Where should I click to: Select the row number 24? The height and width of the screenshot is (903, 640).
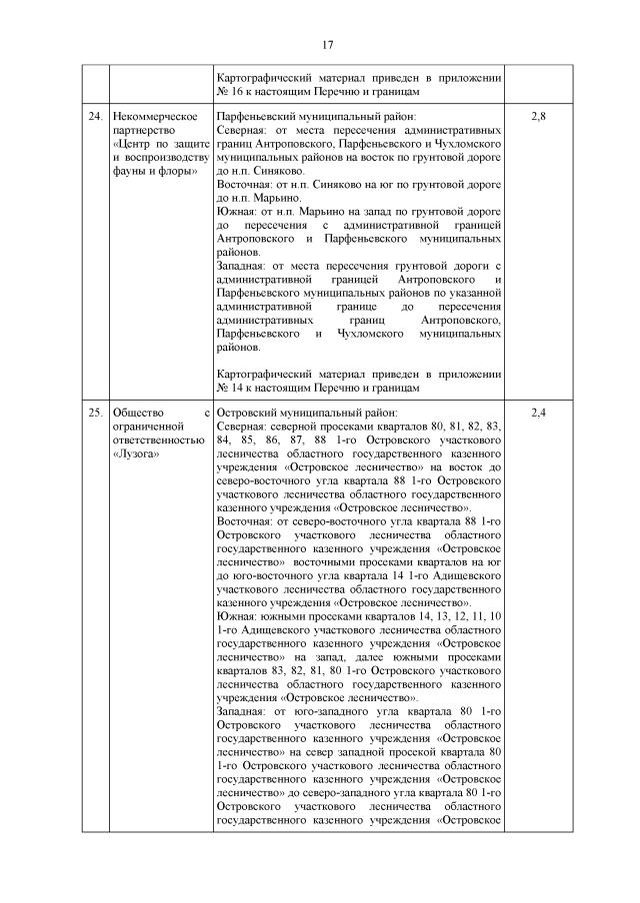94,118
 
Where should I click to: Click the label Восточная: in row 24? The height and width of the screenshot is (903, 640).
246,185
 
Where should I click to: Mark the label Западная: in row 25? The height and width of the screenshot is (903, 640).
244,709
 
